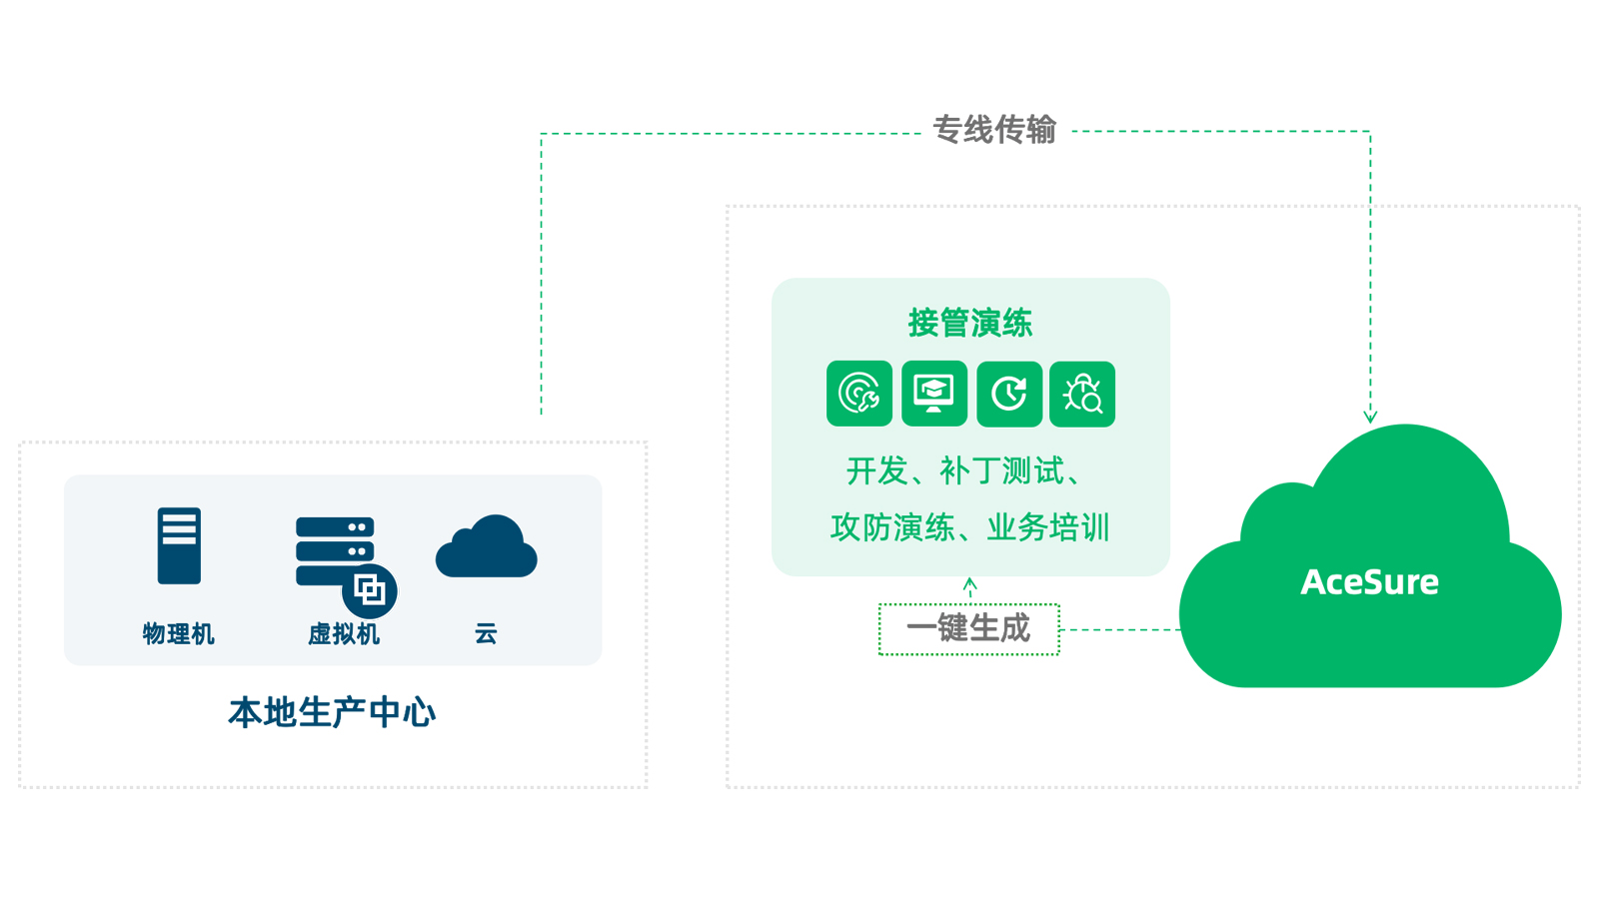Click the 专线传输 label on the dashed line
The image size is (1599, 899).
[x=993, y=130]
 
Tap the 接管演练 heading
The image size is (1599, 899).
[x=969, y=323]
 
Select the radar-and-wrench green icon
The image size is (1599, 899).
[x=859, y=394]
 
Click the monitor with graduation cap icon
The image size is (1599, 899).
[x=934, y=394]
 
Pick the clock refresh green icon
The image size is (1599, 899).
[x=1009, y=394]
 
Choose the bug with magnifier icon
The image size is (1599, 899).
[x=1082, y=394]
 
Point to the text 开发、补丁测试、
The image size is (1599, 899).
[x=965, y=471]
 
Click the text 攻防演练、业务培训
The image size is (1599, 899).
[x=969, y=527]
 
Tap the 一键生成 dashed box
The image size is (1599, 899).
[x=968, y=629]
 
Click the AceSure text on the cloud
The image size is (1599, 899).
[x=1369, y=582]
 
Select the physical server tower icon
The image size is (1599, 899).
[x=179, y=545]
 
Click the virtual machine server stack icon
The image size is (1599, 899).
[x=335, y=549]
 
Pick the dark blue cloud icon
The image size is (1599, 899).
[x=487, y=547]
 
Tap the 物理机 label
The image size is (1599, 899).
[x=178, y=634]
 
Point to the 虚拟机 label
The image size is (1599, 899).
[x=343, y=634]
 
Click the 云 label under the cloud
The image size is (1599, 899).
[x=486, y=633]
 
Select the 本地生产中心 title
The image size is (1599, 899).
[x=332, y=713]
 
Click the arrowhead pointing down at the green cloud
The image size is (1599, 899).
[x=1370, y=416]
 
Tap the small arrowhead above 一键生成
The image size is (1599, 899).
[x=969, y=583]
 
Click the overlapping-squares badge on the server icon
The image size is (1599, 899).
[x=370, y=590]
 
